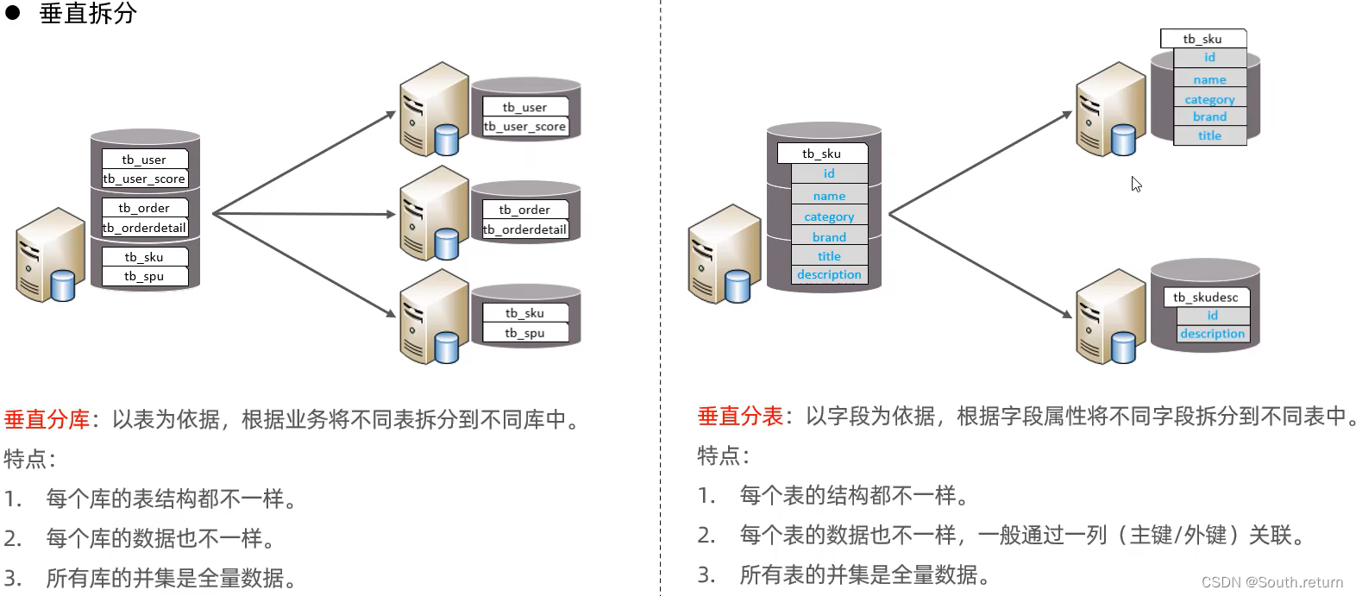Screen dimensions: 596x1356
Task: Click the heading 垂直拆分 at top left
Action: pyautogui.click(x=88, y=14)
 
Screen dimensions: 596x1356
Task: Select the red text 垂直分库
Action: pyautogui.click(x=47, y=419)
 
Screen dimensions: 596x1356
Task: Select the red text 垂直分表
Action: pyautogui.click(x=740, y=416)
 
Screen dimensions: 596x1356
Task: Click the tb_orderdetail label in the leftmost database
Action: pyautogui.click(x=144, y=228)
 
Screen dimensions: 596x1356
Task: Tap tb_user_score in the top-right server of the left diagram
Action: pyautogui.click(x=524, y=127)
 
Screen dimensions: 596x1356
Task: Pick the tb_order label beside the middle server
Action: pyautogui.click(x=524, y=210)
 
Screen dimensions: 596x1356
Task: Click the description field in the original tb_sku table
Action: pyautogui.click(x=829, y=274)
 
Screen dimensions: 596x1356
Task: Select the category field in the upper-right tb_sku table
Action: pyautogui.click(x=1209, y=99)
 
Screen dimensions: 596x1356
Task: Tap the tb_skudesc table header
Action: pyautogui.click(x=1205, y=298)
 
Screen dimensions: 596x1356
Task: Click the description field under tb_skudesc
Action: pyautogui.click(x=1212, y=334)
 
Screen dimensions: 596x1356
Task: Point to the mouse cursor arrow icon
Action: pyautogui.click(x=1136, y=184)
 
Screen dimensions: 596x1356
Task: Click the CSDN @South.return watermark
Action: pyautogui.click(x=1272, y=582)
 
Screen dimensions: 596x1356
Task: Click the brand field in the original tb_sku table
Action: pyautogui.click(x=829, y=237)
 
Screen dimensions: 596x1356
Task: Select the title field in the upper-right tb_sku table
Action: pyautogui.click(x=1209, y=135)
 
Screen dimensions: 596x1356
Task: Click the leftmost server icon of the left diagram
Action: pyautogui.click(x=49, y=254)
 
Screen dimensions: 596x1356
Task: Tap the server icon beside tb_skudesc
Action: pyautogui.click(x=1111, y=316)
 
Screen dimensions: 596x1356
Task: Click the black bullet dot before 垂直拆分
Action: pyautogui.click(x=13, y=13)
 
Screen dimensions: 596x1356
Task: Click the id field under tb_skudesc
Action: pyautogui.click(x=1212, y=315)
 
